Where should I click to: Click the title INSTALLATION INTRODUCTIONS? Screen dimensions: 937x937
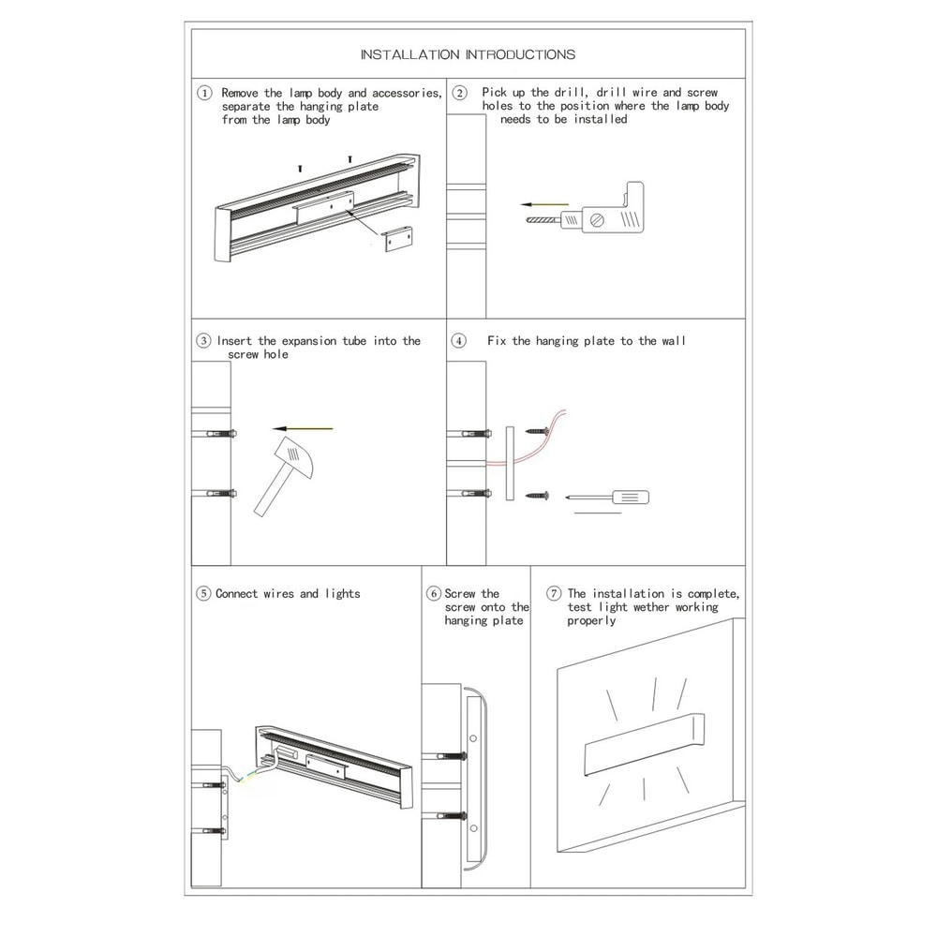point(468,54)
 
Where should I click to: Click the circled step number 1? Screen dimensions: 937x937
point(204,93)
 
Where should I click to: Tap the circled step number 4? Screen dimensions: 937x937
point(459,341)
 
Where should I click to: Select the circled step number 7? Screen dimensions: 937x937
point(554,593)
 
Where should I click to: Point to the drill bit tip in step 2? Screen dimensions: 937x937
point(530,221)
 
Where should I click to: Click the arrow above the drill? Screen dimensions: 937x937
point(544,203)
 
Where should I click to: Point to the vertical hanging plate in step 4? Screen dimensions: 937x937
point(510,463)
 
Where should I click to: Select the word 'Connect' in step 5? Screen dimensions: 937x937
point(237,593)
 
